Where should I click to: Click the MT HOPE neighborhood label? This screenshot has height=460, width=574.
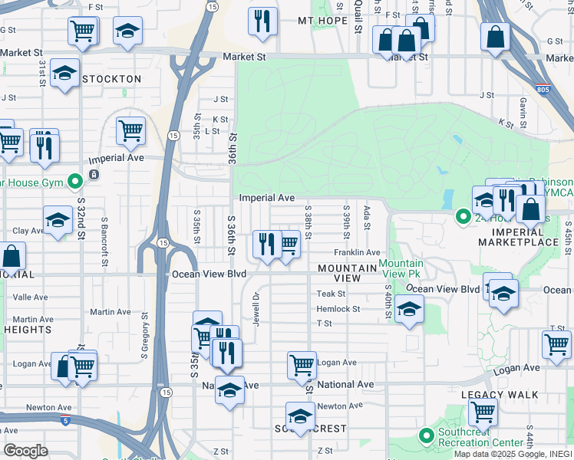[x=318, y=21]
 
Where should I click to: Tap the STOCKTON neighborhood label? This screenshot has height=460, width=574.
[x=112, y=79]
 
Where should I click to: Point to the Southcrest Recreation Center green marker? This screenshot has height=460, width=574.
[x=427, y=435]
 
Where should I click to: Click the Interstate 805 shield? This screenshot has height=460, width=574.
[x=543, y=90]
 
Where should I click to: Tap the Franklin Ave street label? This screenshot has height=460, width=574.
[x=357, y=252]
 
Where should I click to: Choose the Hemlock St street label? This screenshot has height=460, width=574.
[x=338, y=309]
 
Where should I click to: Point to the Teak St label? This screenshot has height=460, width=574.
[x=331, y=294]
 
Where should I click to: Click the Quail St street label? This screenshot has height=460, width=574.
[x=358, y=16]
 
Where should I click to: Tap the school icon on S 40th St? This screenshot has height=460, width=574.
[x=409, y=310]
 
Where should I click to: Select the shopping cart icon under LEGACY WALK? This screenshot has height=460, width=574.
[x=483, y=411]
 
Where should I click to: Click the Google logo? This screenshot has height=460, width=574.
[x=25, y=451]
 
